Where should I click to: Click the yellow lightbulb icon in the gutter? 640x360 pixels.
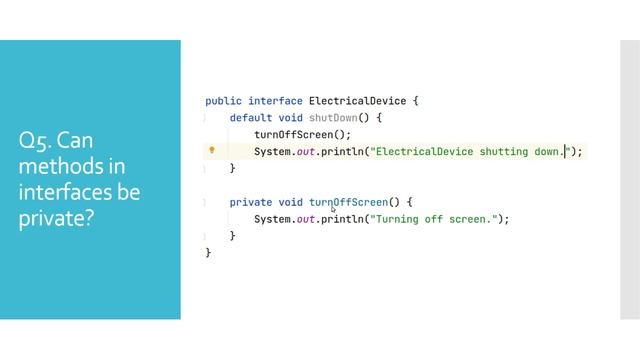click(211, 151)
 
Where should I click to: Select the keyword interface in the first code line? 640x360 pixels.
click(275, 101)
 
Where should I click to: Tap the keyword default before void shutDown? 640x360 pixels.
click(250, 117)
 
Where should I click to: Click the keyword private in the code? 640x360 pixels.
click(250, 202)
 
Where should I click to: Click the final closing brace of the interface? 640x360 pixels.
click(208, 253)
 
